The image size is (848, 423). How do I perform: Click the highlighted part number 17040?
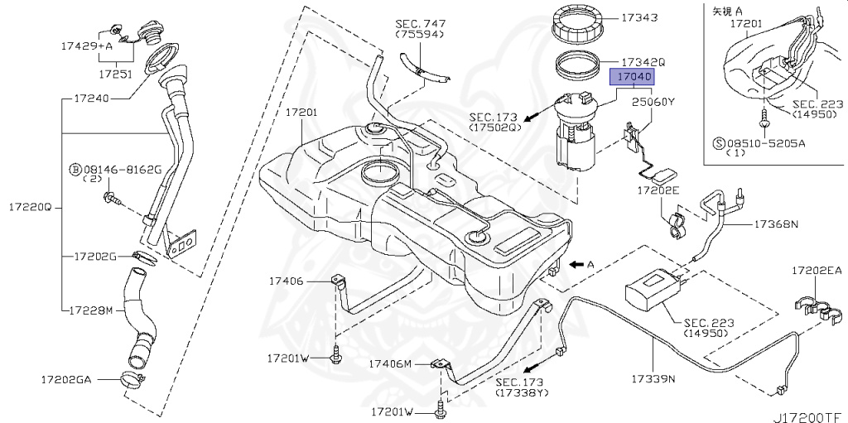tap(634, 77)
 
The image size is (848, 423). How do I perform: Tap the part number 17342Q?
tap(643, 61)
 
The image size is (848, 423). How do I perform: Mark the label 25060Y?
tap(654, 103)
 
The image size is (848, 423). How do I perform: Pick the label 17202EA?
tap(816, 270)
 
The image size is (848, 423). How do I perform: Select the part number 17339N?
tap(654, 378)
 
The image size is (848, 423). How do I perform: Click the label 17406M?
tap(392, 363)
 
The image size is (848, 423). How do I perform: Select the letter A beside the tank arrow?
tap(590, 265)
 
